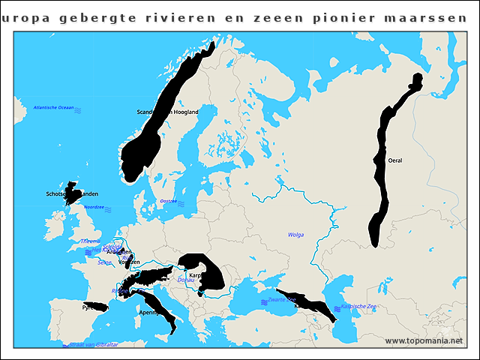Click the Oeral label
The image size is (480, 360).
395,160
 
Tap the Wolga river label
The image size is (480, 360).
295,235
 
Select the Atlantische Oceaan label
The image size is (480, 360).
53,108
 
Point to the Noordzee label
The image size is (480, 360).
94,207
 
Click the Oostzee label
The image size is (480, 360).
169,201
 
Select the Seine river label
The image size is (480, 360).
104,262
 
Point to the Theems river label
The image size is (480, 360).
89,241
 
